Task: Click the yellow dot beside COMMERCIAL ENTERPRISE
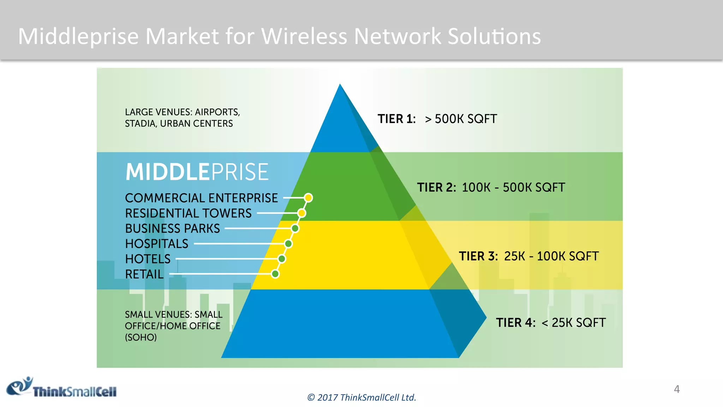tap(308, 198)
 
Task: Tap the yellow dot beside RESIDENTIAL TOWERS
tap(301, 213)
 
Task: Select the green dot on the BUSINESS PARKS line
tap(295, 229)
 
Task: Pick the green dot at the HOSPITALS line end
tap(288, 244)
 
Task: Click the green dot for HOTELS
tap(282, 259)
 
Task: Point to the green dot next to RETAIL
tap(275, 274)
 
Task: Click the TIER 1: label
tap(396, 119)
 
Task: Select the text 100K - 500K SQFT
tap(513, 188)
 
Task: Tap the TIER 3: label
tap(478, 256)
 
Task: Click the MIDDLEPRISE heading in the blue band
tap(197, 172)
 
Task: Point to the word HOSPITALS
tap(157, 244)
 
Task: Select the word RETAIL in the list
tap(144, 274)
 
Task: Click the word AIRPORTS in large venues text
tap(217, 112)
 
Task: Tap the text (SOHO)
tap(141, 337)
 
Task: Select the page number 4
tap(676, 389)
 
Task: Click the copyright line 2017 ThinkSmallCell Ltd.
tap(361, 397)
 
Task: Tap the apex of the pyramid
tap(340, 85)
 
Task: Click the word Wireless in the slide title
tap(304, 36)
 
